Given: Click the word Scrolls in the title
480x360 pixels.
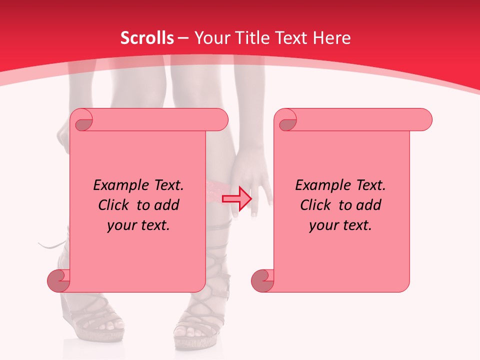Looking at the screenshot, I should (147, 38).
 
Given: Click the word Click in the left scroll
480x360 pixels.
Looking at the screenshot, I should (115, 205).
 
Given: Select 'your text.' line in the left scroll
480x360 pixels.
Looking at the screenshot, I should (138, 225).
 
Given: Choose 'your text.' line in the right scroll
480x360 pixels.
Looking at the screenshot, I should (340, 225).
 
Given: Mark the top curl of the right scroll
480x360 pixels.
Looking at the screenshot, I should (286, 120).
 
